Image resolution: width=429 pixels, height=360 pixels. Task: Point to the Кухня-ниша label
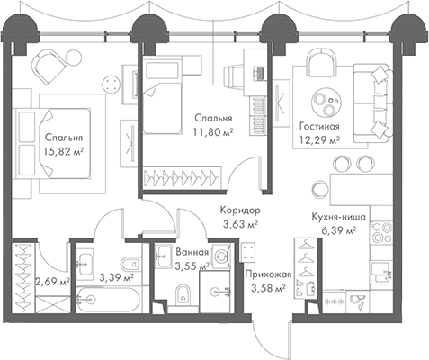tap(337, 215)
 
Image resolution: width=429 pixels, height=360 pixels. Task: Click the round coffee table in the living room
tap(326, 102)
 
